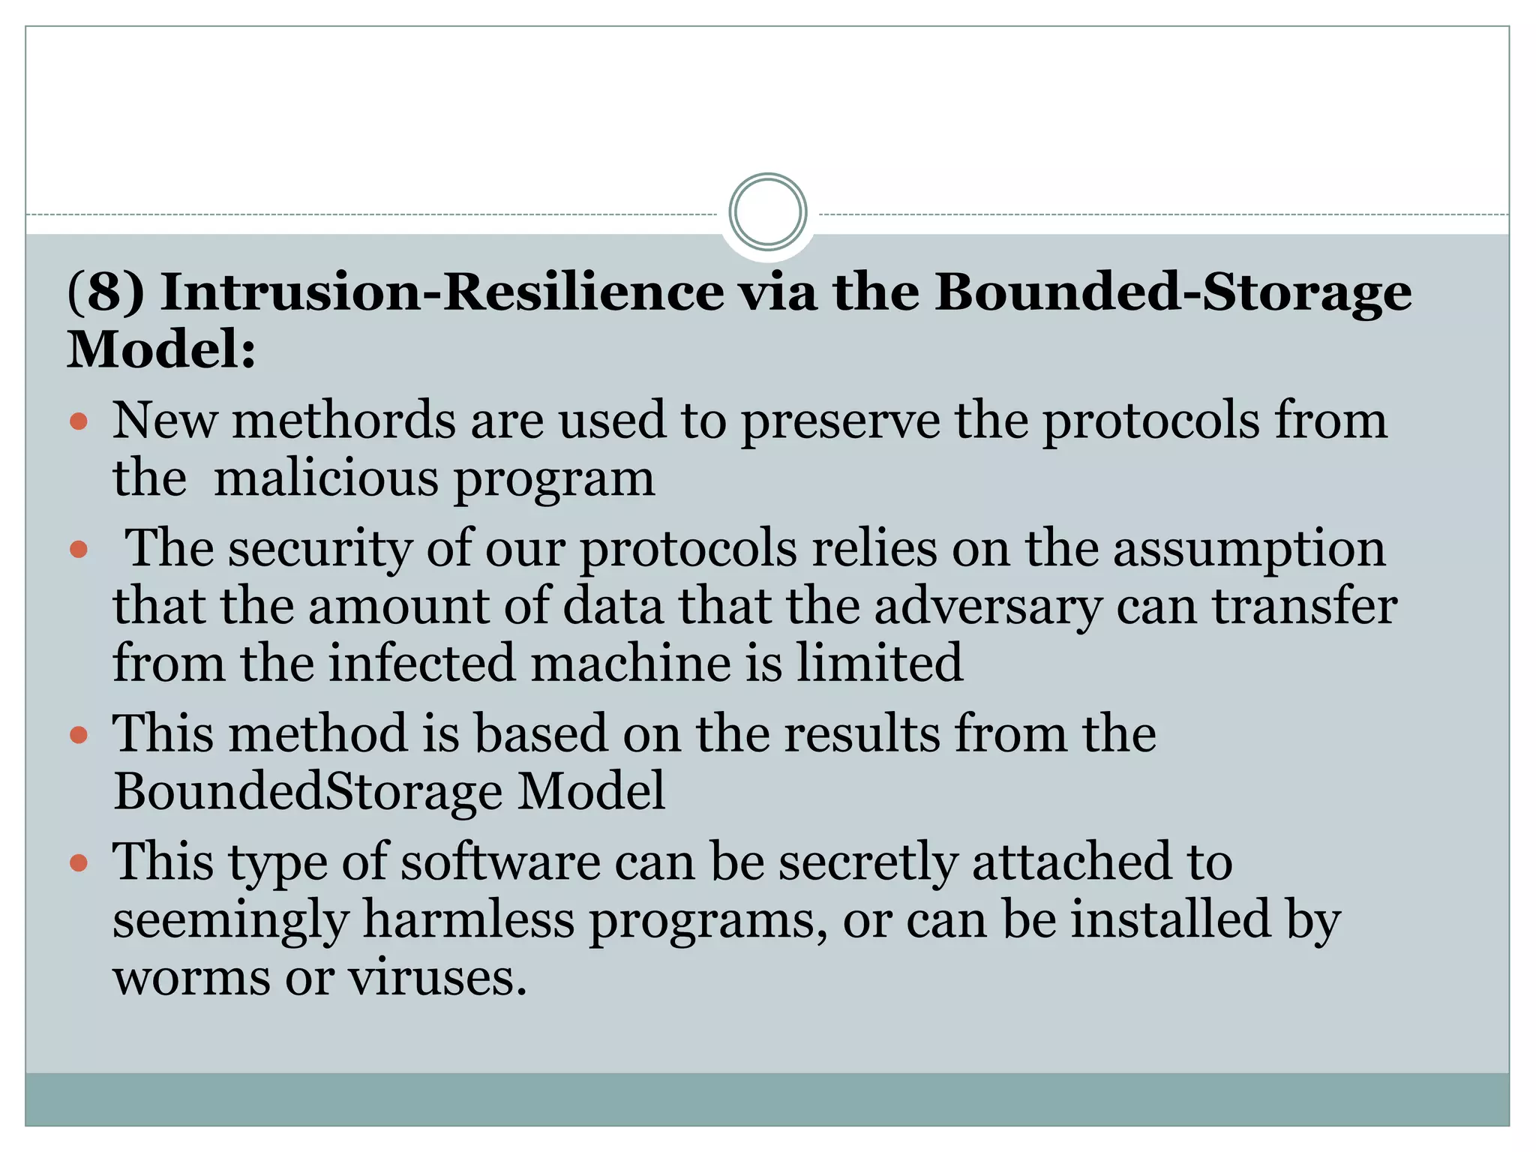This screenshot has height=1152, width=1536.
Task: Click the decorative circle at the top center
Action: tap(767, 211)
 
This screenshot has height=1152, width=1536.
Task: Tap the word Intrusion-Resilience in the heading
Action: tap(442, 292)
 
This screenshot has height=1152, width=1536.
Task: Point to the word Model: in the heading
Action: tap(162, 349)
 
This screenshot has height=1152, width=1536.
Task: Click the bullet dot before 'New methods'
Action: tap(79, 421)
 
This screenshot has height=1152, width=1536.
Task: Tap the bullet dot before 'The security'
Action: tap(79, 550)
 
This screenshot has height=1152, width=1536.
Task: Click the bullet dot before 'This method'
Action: tap(79, 734)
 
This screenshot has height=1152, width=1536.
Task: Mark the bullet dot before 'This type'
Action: tap(79, 863)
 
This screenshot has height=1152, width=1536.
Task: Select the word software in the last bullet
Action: tap(500, 862)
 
